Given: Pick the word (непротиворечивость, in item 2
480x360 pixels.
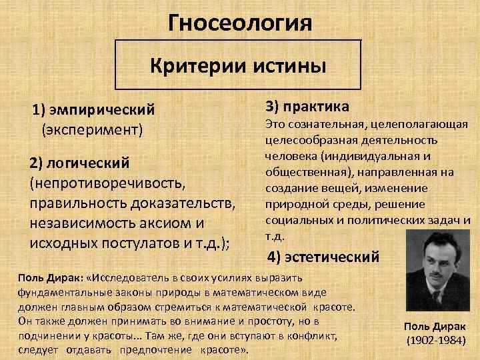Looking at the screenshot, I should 105,182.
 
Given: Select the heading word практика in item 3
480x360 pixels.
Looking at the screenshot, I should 317,105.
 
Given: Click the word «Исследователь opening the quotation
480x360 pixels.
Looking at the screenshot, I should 131,276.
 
